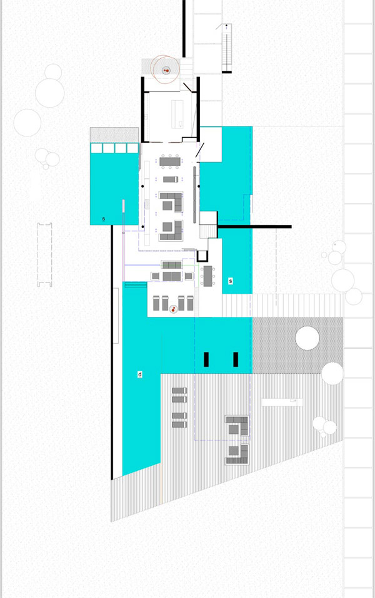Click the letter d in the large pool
[140, 374]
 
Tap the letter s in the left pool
[103, 219]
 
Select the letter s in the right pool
[231, 281]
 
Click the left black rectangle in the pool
[206, 359]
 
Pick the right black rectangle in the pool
[236, 359]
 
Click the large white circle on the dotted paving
[307, 338]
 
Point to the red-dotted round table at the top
[166, 71]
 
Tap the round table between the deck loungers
[174, 310]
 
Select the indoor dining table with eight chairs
[170, 162]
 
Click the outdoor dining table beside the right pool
[208, 276]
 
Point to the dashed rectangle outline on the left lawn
[44, 255]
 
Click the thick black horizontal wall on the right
[254, 227]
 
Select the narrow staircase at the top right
[226, 48]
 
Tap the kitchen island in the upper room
[177, 114]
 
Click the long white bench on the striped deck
[282, 402]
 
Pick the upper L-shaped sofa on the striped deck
[237, 426]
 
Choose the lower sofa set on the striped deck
[237, 454]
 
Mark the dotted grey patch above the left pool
[114, 135]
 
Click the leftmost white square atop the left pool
[96, 148]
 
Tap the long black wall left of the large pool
[112, 353]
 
